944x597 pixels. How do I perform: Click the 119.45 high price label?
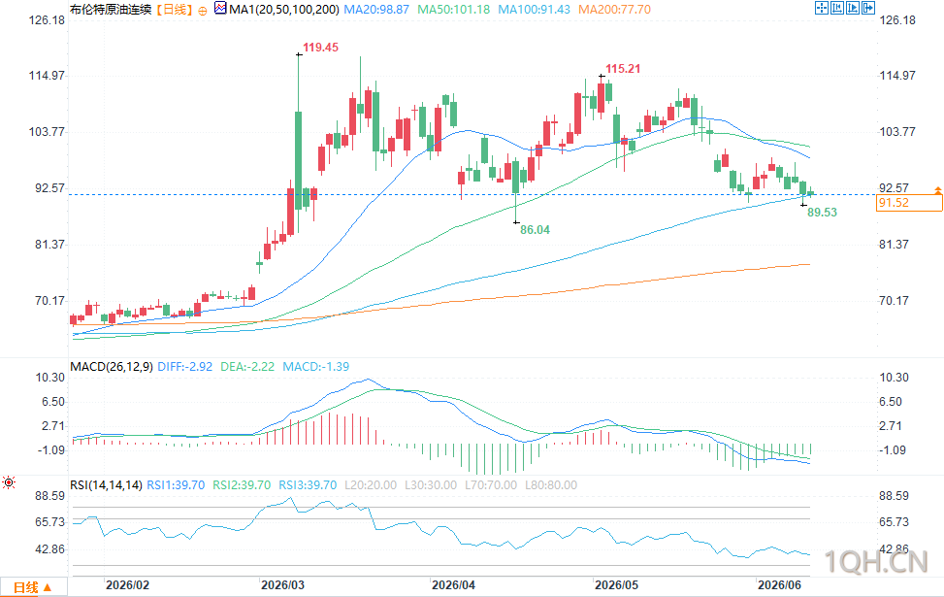[x=320, y=47]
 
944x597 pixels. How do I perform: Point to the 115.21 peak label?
[x=623, y=69]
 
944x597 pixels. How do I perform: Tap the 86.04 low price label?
[x=535, y=229]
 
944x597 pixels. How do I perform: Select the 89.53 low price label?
[x=822, y=212]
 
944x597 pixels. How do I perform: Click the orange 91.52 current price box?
[x=909, y=203]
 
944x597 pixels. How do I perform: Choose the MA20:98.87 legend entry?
[x=376, y=10]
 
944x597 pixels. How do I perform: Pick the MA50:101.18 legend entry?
[x=453, y=10]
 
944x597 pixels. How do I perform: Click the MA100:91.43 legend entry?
[x=534, y=10]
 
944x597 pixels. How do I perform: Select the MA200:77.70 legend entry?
[x=614, y=10]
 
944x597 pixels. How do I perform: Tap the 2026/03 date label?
[x=282, y=585]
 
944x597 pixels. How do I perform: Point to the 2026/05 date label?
[x=616, y=585]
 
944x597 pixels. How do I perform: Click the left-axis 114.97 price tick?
[x=47, y=76]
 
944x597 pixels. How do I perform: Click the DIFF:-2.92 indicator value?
[x=185, y=366]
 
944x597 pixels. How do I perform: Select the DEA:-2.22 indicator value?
[x=246, y=366]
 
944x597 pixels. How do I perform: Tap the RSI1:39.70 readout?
[x=176, y=485]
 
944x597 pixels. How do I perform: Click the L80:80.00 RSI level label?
[x=551, y=485]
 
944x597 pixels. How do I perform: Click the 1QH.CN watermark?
[x=876, y=561]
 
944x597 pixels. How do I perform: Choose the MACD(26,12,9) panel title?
[x=112, y=366]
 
